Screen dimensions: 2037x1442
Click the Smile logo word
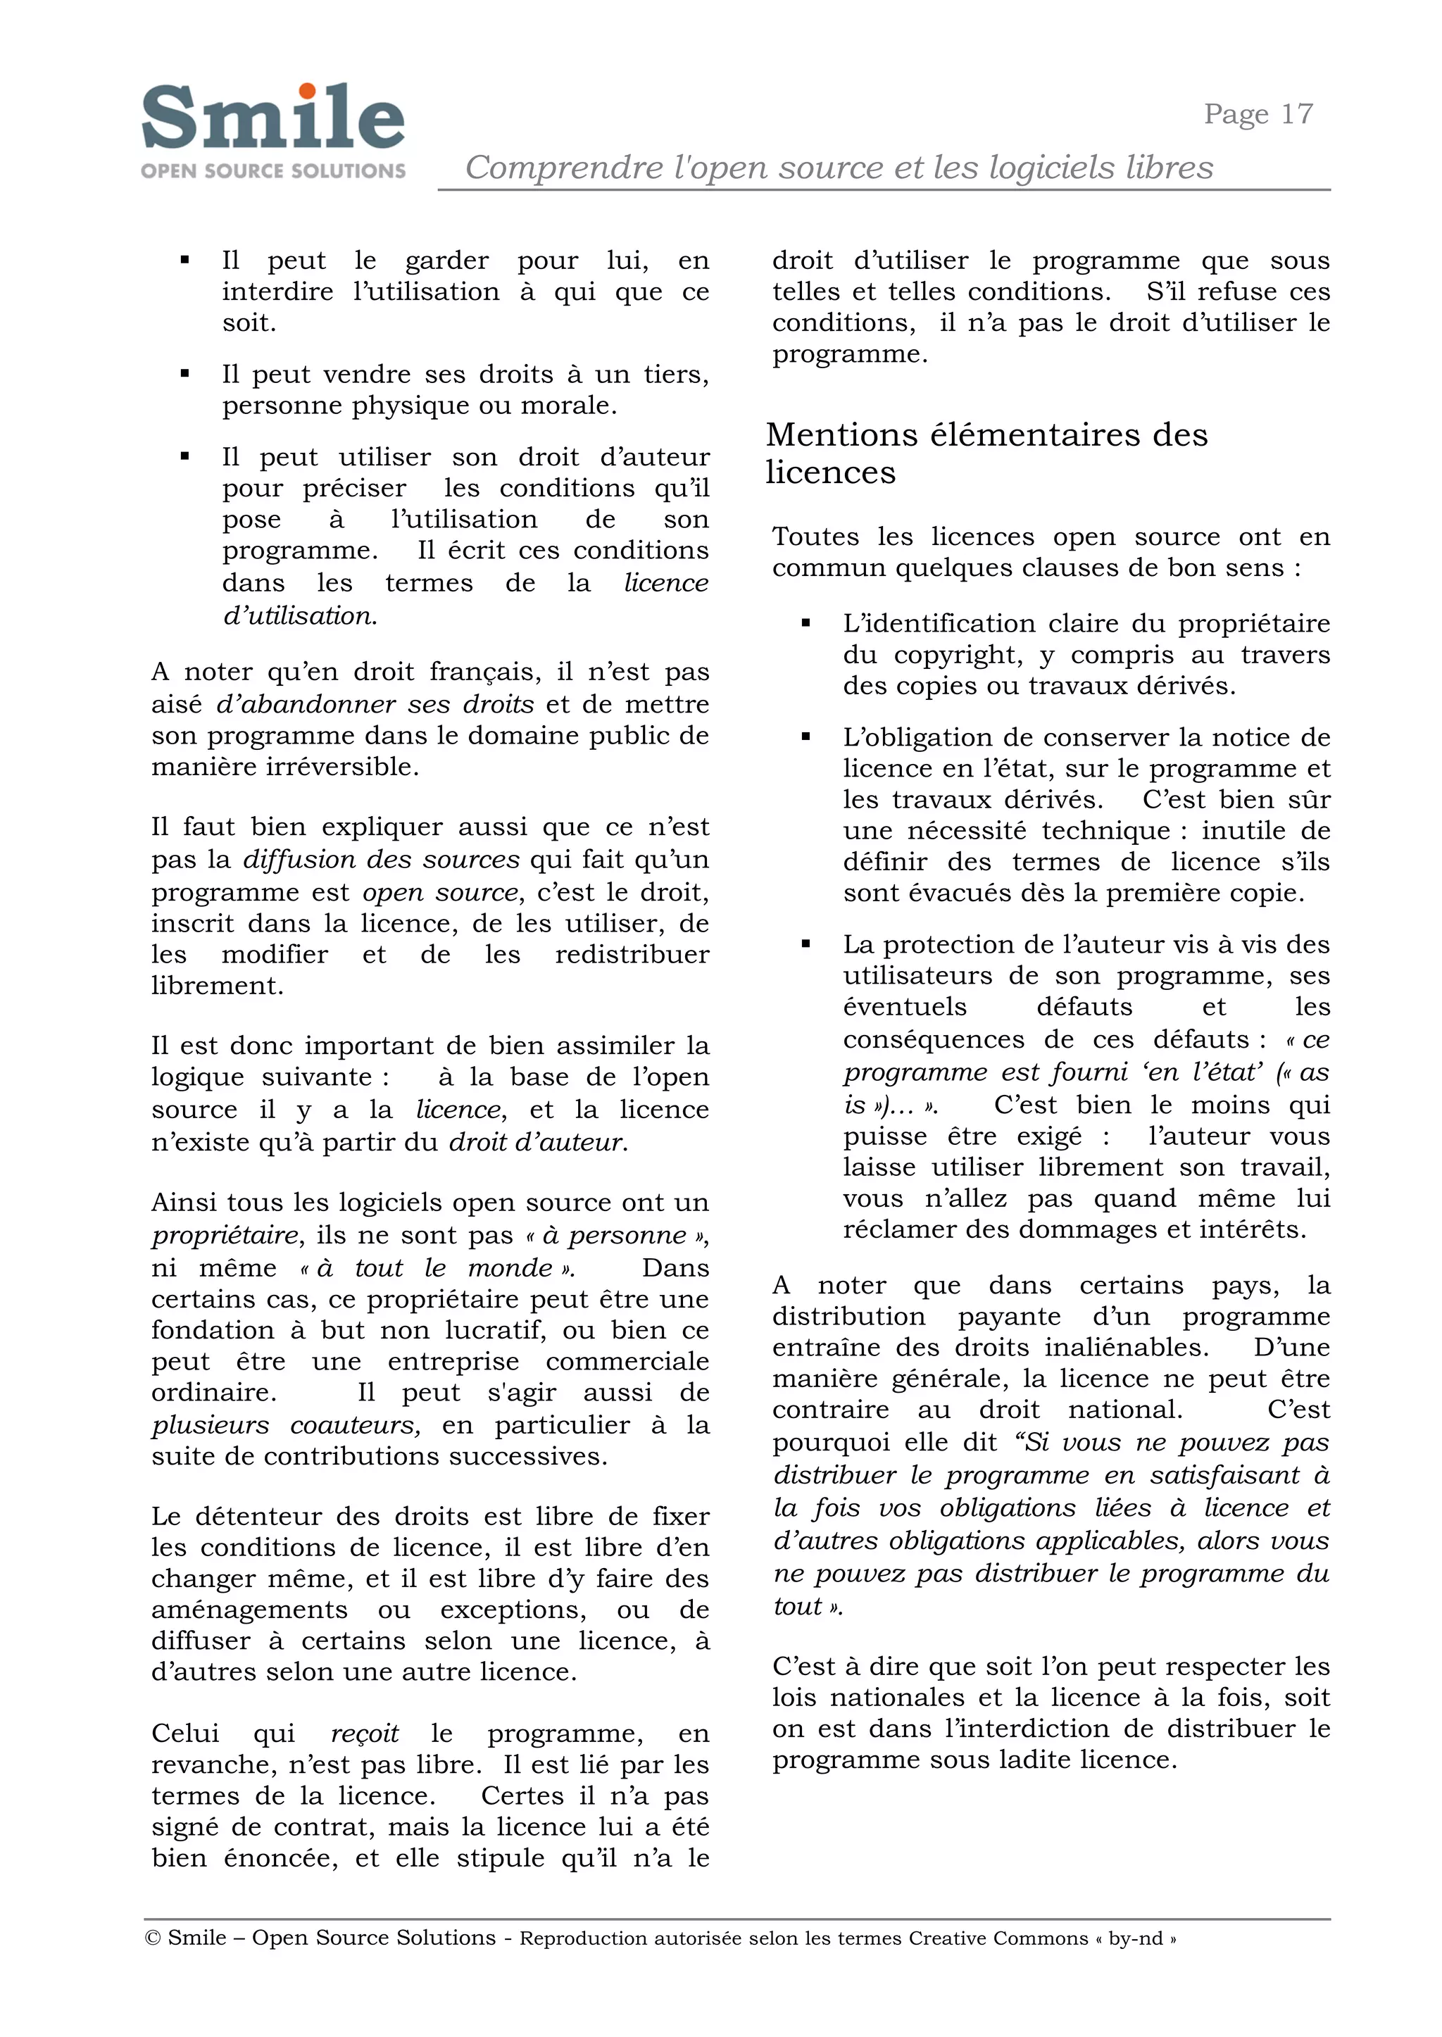coord(272,118)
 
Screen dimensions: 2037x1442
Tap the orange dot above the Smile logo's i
coord(307,91)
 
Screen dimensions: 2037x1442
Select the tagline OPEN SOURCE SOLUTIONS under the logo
coord(273,170)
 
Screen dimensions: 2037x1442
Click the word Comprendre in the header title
coord(565,167)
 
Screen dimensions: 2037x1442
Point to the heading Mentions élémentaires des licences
coord(986,453)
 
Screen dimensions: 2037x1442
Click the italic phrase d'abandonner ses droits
coord(375,704)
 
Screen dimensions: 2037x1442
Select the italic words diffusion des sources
coord(381,860)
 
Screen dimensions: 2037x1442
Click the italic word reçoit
coord(364,1734)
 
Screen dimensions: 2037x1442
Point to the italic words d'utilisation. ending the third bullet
coord(299,615)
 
